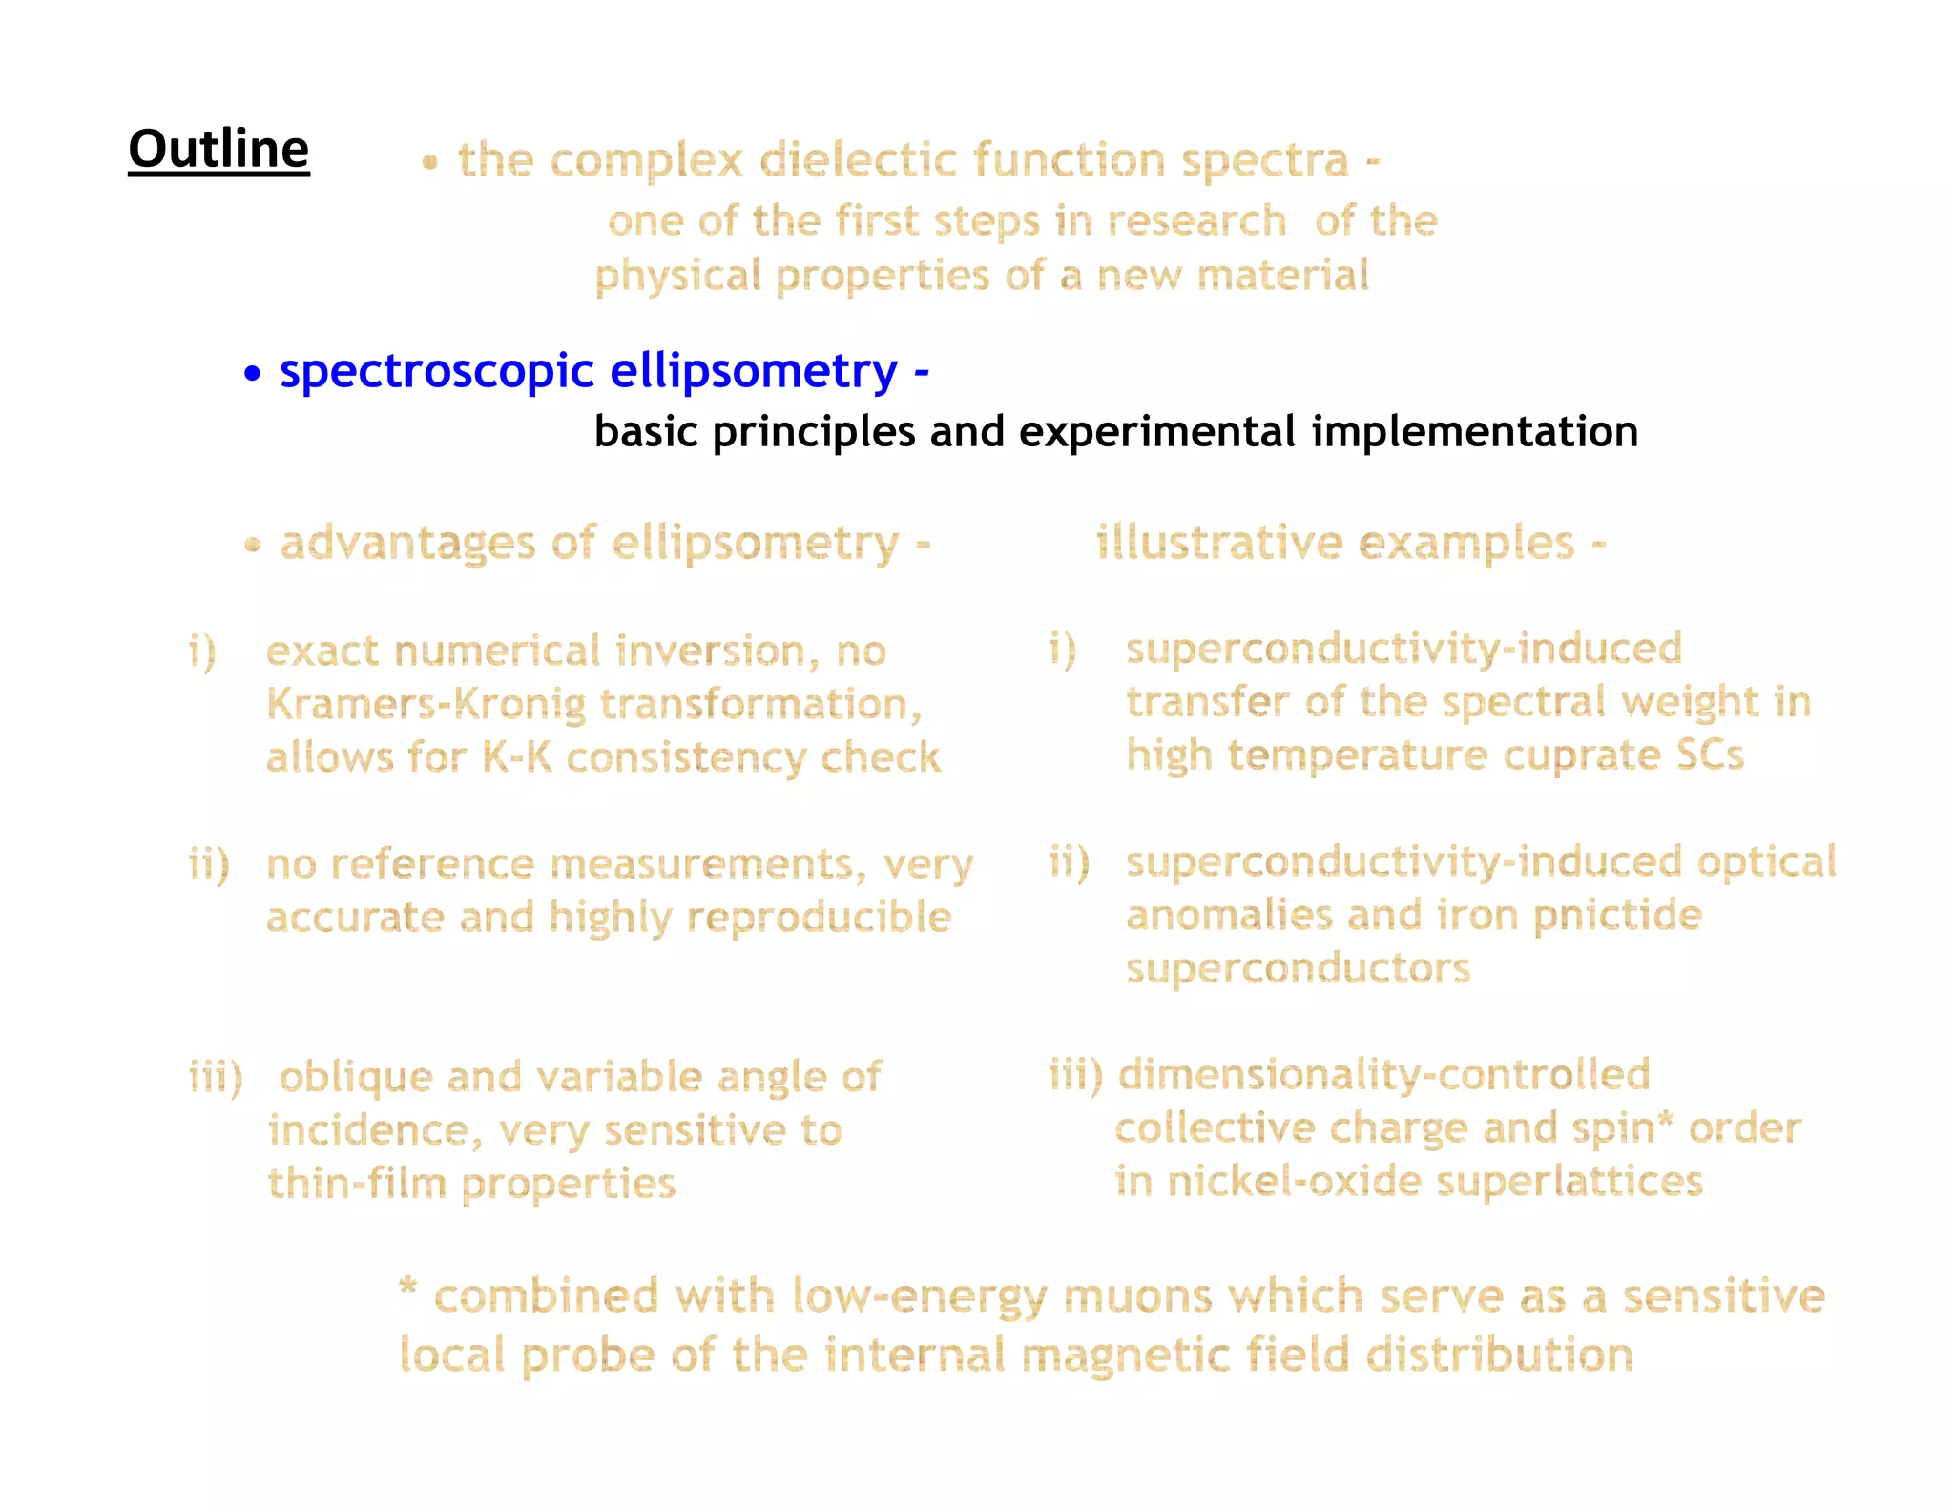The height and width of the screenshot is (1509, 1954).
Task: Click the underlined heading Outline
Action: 218,150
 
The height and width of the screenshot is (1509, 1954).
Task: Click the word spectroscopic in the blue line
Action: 437,371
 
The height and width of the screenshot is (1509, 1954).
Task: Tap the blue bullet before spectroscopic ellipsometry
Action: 252,373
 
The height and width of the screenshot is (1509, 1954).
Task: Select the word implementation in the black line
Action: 1475,431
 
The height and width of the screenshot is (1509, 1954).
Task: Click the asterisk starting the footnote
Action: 408,1289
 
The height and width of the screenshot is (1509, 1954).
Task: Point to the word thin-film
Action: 357,1184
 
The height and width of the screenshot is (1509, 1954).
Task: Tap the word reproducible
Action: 819,918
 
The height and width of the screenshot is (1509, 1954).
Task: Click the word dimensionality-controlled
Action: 1383,1075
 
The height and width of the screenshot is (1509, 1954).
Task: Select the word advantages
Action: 406,544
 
